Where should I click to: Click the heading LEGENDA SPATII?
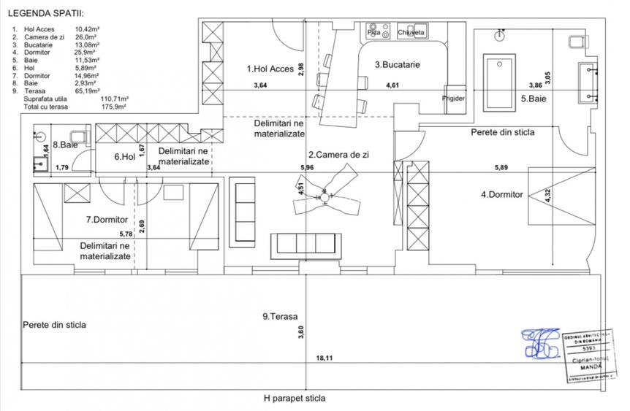point(45,13)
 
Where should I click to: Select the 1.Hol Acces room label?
point(270,69)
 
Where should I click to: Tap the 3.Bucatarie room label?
point(398,64)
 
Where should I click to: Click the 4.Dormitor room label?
point(501,195)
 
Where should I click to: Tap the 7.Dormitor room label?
point(107,219)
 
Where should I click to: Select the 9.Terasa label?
point(281,317)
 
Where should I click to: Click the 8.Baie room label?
point(66,145)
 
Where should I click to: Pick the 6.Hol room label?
point(125,156)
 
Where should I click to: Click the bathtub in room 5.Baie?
point(500,77)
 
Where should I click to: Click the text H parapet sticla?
point(295,399)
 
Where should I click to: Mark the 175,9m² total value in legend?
point(113,106)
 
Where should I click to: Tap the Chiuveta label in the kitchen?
point(411,32)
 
